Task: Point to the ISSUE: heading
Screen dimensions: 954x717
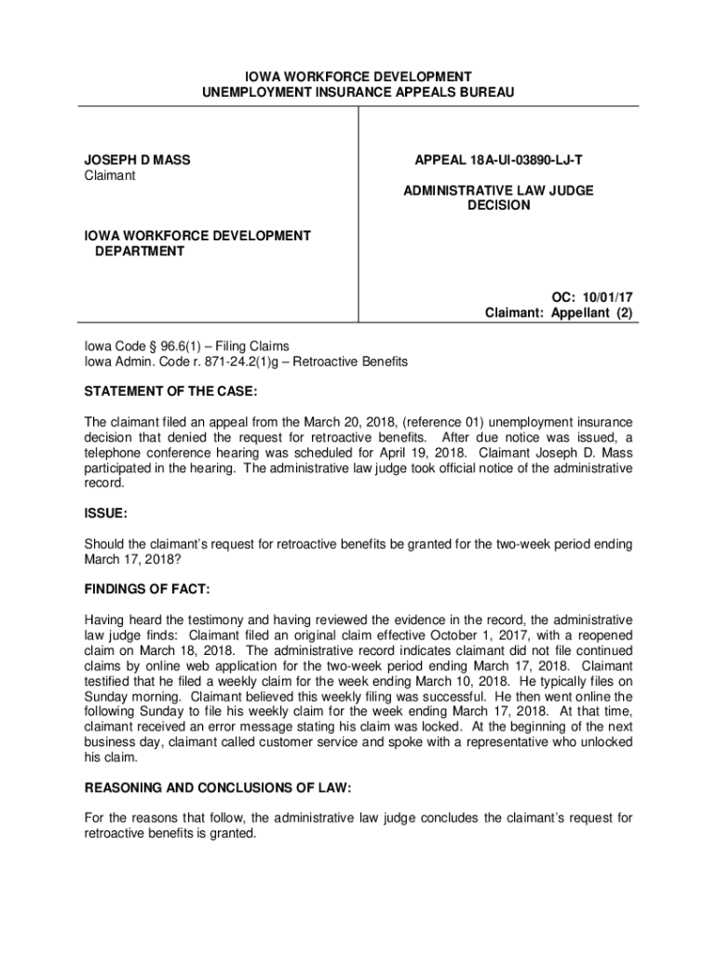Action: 106,513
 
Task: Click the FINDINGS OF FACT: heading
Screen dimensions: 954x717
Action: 147,590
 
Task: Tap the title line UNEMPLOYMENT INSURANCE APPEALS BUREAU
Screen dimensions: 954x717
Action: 358,92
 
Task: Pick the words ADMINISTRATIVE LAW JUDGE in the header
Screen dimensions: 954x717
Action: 498,190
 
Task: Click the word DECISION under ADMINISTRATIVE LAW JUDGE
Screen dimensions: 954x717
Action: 498,205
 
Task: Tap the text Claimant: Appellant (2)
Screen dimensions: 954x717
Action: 559,313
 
